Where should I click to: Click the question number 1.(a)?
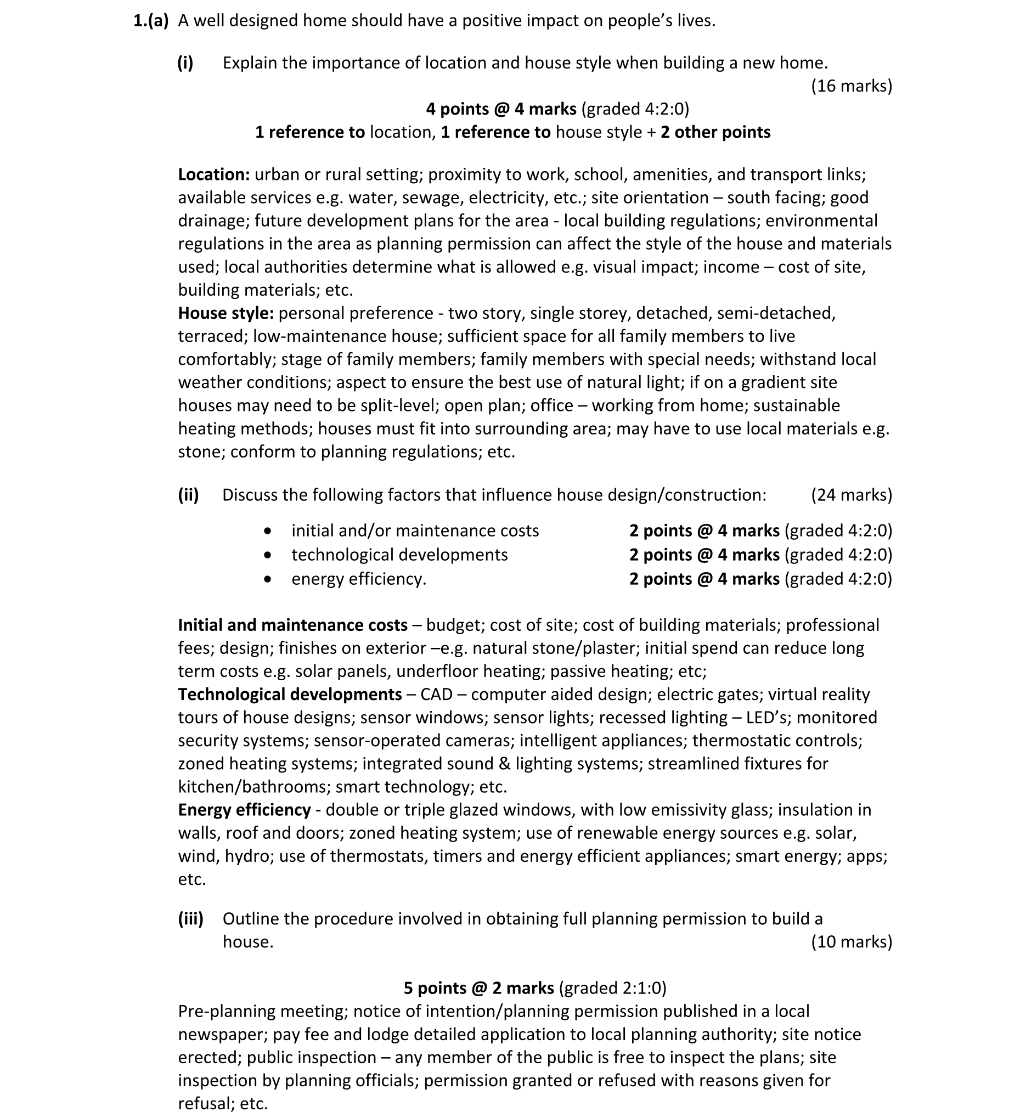150,21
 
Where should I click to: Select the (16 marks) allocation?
851,86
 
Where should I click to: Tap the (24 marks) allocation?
851,495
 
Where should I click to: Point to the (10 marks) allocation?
851,942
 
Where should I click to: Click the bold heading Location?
215,174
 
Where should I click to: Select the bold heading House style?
226,313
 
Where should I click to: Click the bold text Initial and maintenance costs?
292,625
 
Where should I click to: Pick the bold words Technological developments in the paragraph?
290,694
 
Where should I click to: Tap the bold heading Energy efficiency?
244,810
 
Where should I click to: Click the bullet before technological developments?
268,555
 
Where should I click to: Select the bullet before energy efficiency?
268,579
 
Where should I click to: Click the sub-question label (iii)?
190,919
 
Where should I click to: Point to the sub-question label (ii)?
188,495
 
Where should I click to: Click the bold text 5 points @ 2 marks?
478,988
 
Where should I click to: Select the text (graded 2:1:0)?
612,988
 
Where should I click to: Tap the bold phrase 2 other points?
715,132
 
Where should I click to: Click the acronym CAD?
436,694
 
